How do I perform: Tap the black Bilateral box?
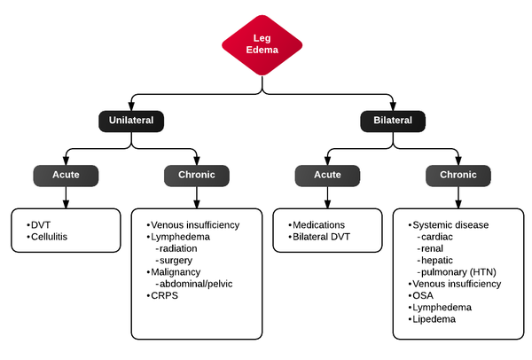pos(393,121)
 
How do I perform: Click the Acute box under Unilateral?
pos(66,175)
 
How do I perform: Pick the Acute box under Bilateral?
pos(327,175)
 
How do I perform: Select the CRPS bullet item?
pos(164,294)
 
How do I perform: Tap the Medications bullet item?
pos(319,224)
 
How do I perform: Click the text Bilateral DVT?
pos(324,237)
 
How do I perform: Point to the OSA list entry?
pos(421,295)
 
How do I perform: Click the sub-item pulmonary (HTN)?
pos(460,271)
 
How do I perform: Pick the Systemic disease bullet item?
pos(450,225)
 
